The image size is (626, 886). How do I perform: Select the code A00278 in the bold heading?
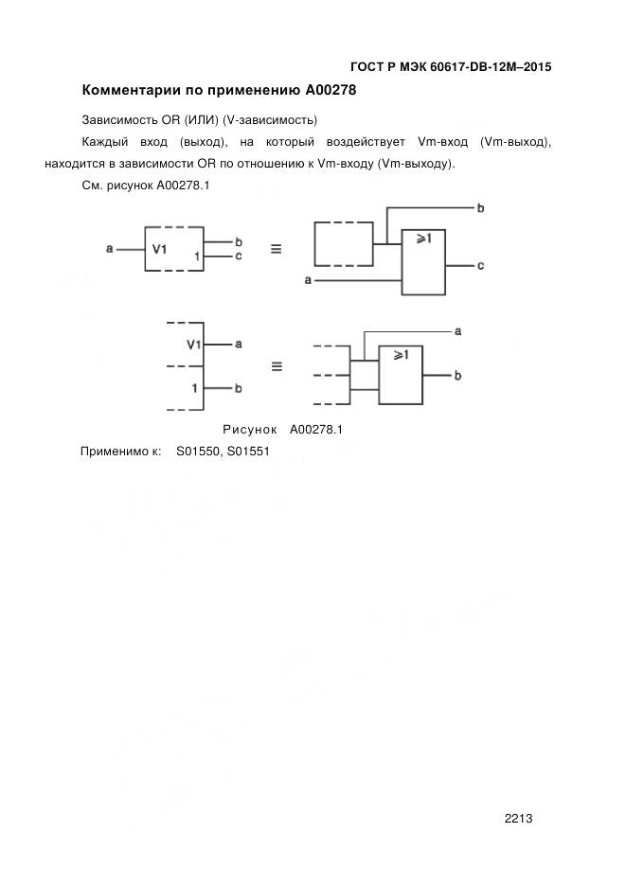pos(331,91)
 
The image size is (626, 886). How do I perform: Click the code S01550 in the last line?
pos(198,452)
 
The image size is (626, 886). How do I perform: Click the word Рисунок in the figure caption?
pos(250,429)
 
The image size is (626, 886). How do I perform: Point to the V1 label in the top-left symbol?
pos(160,250)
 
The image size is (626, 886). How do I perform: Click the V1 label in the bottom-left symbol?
pos(194,345)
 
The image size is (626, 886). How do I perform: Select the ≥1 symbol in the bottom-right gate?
pos(400,355)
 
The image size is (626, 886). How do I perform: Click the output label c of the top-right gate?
pos(480,266)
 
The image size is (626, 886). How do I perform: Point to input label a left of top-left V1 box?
pos(110,249)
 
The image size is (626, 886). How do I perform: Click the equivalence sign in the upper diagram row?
pos(277,250)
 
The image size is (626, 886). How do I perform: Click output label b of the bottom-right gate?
pos(457,376)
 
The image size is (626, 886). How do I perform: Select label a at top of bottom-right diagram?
pos(457,331)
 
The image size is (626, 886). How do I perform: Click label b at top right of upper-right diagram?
pos(480,207)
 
